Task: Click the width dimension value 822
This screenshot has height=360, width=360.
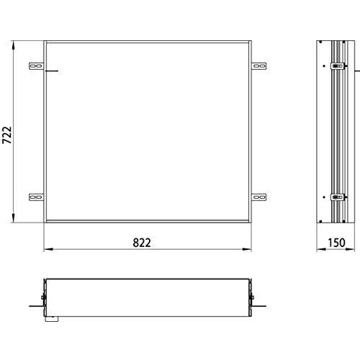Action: tap(141, 242)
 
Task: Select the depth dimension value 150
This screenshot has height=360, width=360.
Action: tap(336, 242)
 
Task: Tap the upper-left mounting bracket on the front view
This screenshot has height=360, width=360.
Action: tap(35, 67)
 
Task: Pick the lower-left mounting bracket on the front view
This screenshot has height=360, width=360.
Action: tap(35, 196)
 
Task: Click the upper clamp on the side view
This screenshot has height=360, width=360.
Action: tap(336, 68)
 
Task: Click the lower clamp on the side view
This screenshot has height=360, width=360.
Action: tap(336, 196)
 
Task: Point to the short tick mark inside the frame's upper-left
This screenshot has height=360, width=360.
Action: tap(50, 72)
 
